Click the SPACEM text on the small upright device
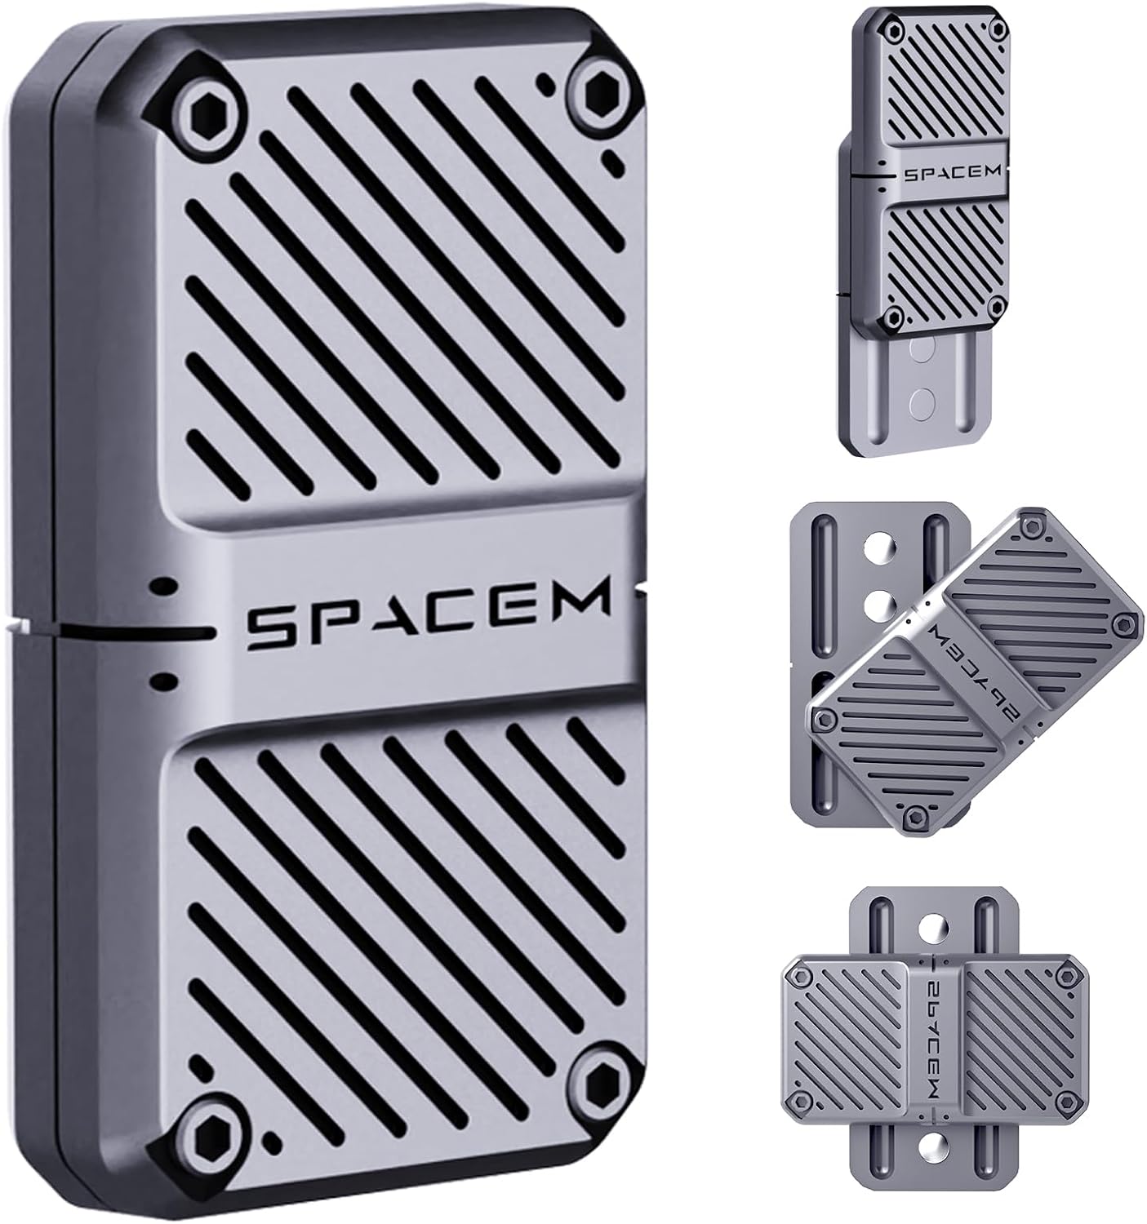(x=949, y=174)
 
